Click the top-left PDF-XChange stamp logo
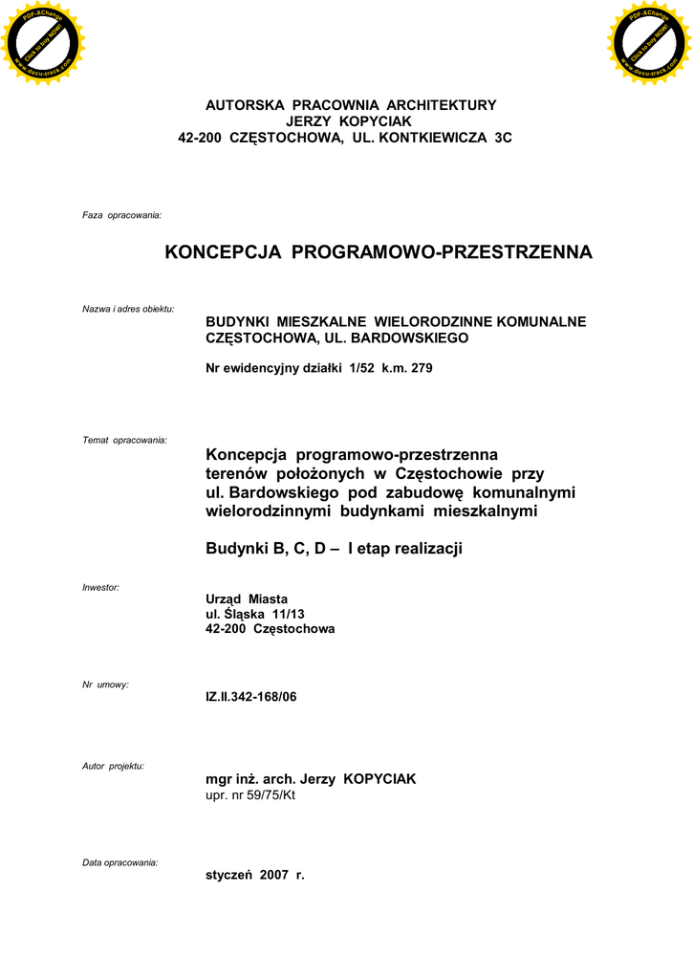[42, 42]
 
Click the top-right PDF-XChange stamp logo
[648, 42]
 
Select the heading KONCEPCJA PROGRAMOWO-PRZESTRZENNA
[379, 252]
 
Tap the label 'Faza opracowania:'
[122, 216]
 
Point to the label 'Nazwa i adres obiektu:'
[128, 309]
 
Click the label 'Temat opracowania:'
[125, 440]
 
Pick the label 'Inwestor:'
[101, 586]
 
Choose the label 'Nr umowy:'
[105, 685]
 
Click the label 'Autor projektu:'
[113, 767]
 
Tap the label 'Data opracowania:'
[120, 862]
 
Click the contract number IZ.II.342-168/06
[251, 697]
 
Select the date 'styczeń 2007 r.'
[255, 875]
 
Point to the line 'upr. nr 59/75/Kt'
[250, 795]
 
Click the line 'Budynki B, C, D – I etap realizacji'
[335, 549]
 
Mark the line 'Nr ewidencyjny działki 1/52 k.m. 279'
[319, 368]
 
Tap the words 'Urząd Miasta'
[247, 598]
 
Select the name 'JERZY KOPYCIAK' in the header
[348, 121]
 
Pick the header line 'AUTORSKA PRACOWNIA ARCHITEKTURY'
[351, 105]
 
